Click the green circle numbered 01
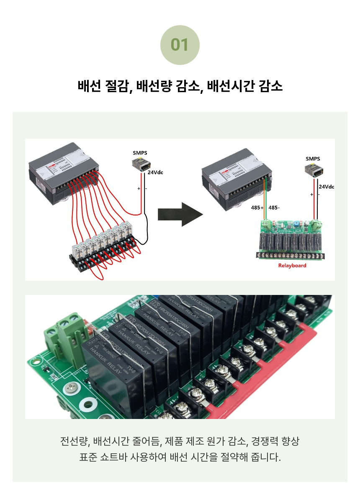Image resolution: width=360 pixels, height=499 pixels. pos(180,45)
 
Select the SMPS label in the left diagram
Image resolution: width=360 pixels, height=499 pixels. pos(140,153)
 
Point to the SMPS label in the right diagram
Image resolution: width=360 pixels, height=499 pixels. pos(313,159)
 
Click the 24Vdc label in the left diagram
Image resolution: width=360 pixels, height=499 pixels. pos(155,172)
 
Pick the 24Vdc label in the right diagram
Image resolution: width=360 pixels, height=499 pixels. pos(327,187)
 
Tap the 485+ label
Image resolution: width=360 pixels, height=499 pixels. pos(257,207)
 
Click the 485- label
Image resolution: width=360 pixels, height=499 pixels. pos(274,207)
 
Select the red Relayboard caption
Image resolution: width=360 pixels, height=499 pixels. pos(292,265)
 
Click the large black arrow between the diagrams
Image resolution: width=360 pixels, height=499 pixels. pos(180,214)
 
